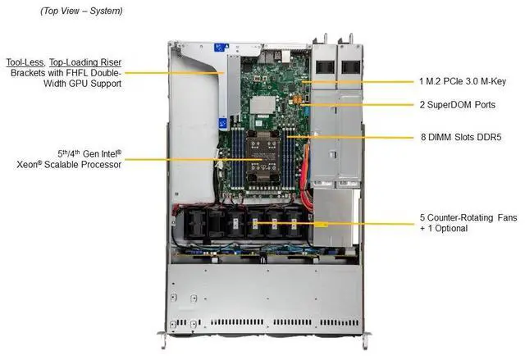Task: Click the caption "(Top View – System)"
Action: point(81,11)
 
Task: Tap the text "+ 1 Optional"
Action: point(443,228)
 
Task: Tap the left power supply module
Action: point(322,66)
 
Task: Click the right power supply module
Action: point(348,66)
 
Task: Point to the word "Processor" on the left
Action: point(99,164)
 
